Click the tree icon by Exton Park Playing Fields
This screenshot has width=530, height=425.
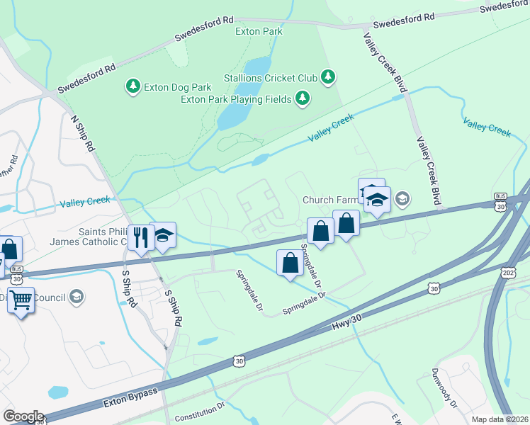tap(303, 98)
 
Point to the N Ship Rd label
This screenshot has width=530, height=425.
tap(83, 132)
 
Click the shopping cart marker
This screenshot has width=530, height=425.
tap(21, 300)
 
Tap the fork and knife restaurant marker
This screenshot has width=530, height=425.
tap(140, 237)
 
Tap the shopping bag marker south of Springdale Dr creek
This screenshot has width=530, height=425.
tap(290, 263)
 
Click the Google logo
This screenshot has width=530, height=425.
tap(23, 416)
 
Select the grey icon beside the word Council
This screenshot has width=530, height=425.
tap(77, 296)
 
